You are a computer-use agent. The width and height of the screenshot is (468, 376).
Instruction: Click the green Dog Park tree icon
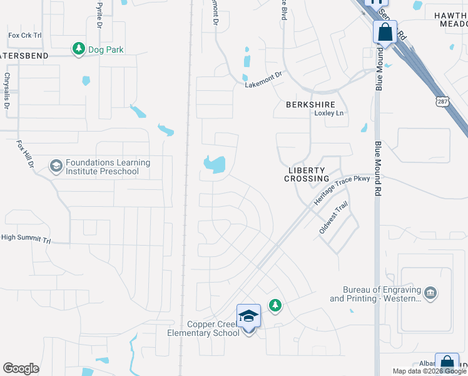78,50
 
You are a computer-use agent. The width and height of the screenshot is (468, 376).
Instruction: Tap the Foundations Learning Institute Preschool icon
56,166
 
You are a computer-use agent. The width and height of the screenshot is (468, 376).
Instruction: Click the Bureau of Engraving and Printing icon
430,293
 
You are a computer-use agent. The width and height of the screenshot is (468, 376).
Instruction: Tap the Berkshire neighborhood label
310,105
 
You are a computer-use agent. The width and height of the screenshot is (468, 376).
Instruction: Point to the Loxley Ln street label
329,113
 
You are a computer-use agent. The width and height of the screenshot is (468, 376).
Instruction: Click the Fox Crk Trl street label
24,36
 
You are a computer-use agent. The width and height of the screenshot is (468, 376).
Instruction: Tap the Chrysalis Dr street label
8,91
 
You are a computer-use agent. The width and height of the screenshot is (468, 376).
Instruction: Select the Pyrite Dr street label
99,14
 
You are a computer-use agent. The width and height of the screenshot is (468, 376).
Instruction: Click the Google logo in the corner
21,368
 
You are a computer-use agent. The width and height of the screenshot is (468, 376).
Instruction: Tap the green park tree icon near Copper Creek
275,305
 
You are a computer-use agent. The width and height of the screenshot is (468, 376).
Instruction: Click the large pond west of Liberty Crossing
215,165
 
